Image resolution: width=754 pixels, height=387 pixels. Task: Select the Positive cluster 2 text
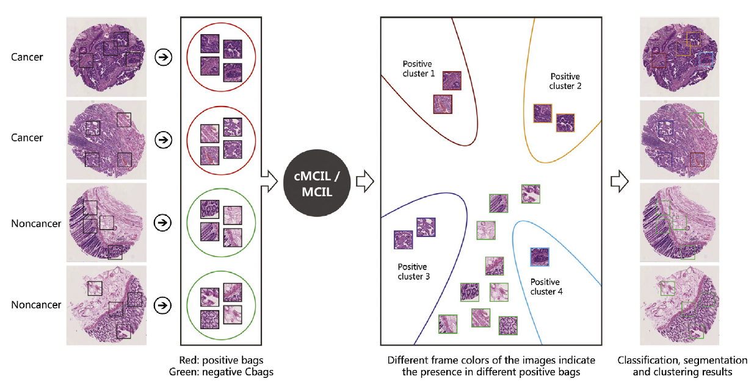pos(565,81)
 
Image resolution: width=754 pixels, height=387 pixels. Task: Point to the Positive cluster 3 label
pos(413,272)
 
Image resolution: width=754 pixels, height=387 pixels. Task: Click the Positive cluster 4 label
pos(545,286)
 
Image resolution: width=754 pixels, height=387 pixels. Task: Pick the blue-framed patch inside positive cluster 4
pos(540,257)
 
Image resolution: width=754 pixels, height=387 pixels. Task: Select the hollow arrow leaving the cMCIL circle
pos(365,181)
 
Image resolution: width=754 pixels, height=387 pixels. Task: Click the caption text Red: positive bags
pos(221,360)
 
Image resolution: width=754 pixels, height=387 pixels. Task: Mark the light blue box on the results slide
pos(705,59)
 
